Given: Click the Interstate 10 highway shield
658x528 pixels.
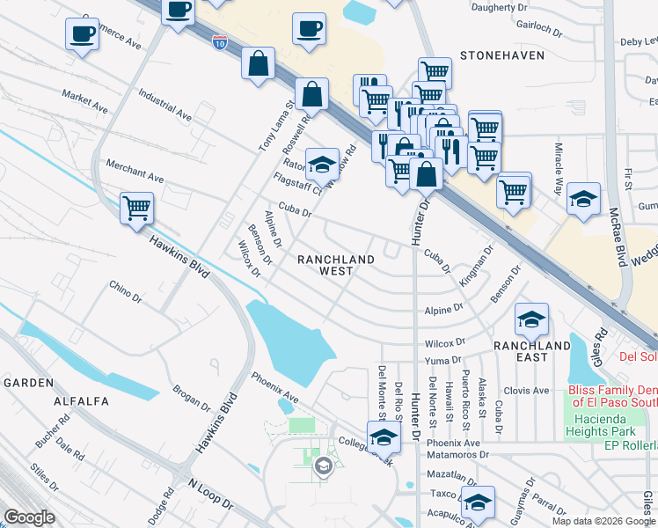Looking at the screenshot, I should (221, 41).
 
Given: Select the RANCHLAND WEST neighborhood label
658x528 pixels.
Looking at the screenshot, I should (336, 265).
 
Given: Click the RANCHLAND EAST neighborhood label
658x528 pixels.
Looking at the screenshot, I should (531, 346).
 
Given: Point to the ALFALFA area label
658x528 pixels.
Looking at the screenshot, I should (81, 401).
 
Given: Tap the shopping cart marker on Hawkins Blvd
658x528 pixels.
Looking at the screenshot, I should (136, 209).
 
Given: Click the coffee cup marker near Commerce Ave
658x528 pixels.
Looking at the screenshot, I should (82, 34).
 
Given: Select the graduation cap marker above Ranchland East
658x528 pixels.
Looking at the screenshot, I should (531, 319).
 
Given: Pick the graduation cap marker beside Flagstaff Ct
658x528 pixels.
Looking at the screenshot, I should (323, 163).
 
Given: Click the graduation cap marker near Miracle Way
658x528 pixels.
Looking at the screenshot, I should (583, 198).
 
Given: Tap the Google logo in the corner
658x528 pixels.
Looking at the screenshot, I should (30, 517).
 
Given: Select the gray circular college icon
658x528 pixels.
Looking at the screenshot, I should (324, 466).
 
